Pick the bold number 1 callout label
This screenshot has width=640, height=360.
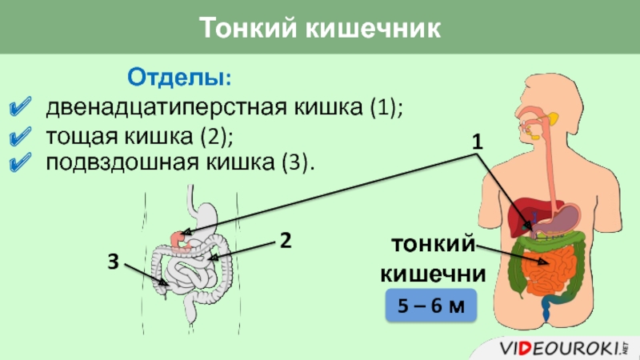pyautogui.click(x=477, y=142)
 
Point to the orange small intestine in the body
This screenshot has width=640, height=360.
pyautogui.click(x=557, y=267)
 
